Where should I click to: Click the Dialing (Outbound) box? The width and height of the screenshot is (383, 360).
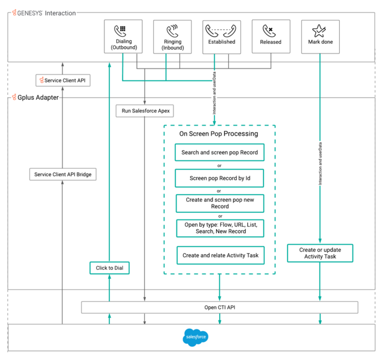123,37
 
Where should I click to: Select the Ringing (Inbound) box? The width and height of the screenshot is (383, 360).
172,37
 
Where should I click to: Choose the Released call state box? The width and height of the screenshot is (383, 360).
271,37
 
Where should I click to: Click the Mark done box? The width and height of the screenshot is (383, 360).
319,37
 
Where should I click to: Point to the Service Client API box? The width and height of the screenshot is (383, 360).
63,80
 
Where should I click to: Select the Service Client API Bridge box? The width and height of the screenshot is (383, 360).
63,175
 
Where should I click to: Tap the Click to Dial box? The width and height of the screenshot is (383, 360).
109,268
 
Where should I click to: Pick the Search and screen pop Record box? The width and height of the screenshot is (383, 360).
219,153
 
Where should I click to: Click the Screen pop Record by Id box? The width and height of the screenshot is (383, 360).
219,178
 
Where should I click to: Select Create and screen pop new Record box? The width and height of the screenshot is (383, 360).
219,203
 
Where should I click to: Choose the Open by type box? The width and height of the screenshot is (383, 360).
219,228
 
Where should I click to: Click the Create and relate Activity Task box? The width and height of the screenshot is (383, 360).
219,255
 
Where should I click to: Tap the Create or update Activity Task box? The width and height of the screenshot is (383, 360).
319,253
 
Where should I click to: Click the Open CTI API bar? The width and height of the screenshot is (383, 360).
219,308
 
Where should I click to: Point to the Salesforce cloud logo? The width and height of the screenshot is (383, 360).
195,338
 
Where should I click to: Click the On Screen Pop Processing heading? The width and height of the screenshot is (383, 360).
219,133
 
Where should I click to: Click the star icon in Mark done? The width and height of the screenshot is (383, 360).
319,30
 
